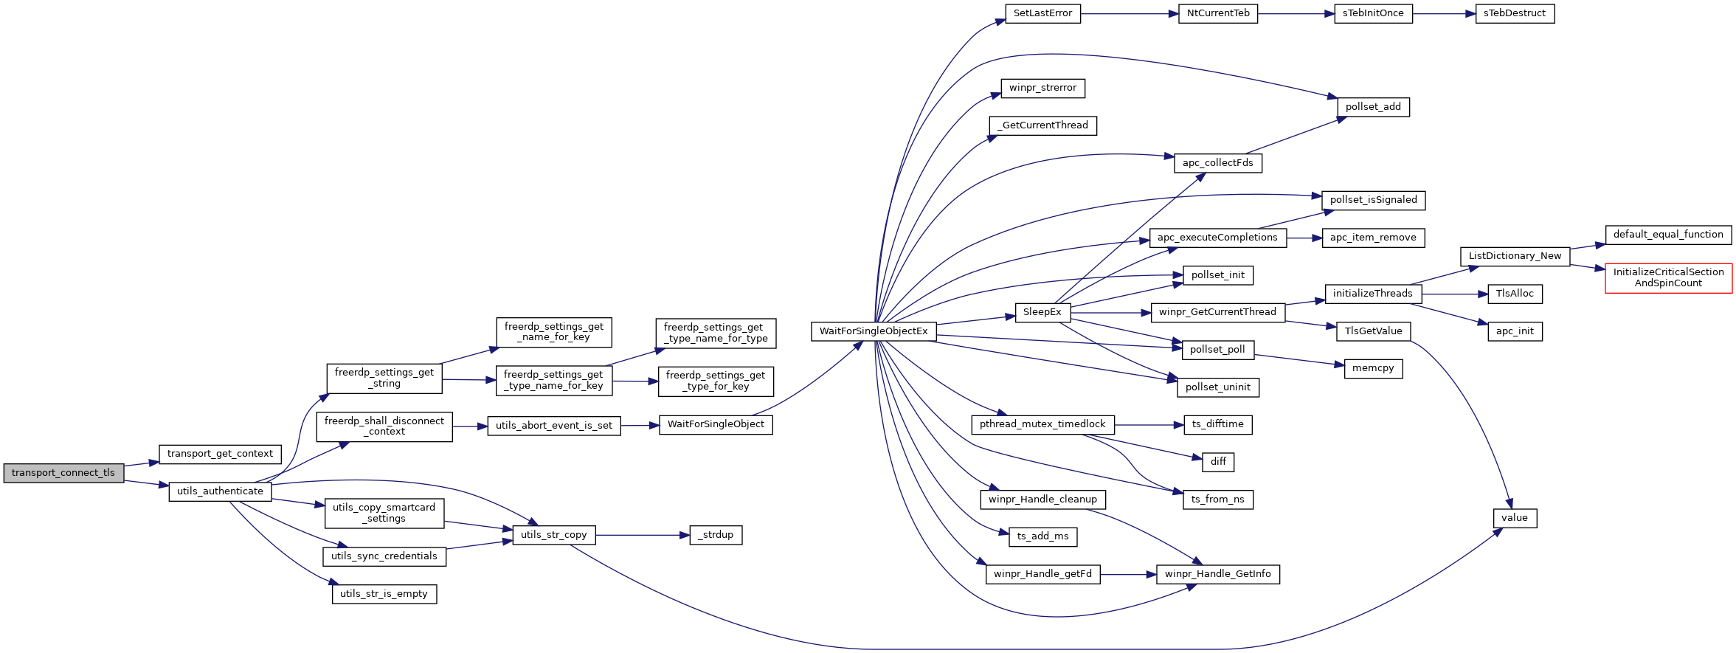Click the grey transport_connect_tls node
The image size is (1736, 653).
[63, 473]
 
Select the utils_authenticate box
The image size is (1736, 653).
[220, 491]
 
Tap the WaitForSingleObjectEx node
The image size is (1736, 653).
[874, 331]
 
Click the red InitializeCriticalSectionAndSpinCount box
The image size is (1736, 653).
[1668, 278]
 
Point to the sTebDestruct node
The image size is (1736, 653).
[1515, 13]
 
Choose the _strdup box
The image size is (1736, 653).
[716, 535]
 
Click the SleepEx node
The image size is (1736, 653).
[1042, 312]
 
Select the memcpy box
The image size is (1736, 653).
[1373, 368]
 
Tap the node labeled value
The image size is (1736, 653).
[1515, 518]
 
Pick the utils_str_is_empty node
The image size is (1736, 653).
[384, 594]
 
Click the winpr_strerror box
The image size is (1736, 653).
[1042, 88]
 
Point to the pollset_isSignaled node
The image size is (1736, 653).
[1373, 200]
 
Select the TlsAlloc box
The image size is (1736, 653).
[1515, 294]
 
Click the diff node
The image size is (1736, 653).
[1218, 462]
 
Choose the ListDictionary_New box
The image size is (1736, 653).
[1515, 256]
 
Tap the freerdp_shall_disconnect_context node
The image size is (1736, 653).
[384, 426]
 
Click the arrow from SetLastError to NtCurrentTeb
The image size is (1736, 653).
[1130, 13]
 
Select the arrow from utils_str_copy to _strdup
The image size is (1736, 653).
[643, 535]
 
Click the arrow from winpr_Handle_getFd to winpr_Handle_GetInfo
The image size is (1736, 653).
[1128, 574]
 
